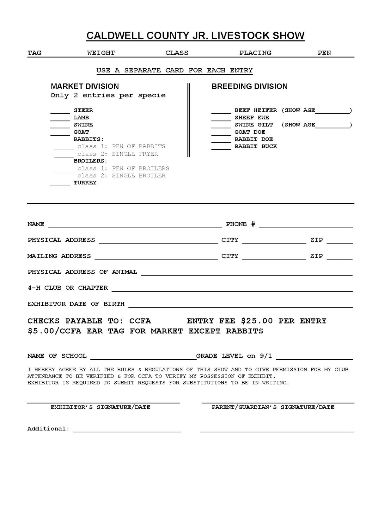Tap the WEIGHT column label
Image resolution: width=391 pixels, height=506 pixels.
click(x=101, y=53)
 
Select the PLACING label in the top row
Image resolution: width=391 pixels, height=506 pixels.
click(x=255, y=53)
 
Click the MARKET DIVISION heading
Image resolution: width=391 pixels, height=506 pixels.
click(x=85, y=86)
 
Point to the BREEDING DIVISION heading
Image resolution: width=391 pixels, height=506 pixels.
click(x=249, y=86)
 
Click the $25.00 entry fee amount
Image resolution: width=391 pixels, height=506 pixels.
click(x=257, y=321)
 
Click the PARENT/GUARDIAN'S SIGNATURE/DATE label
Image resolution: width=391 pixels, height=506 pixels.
click(x=273, y=407)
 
